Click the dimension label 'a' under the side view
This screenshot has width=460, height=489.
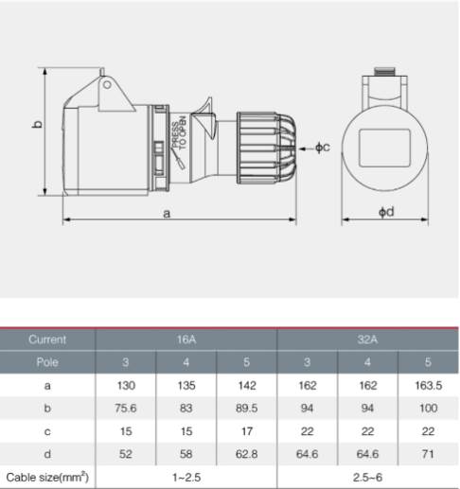point(167,214)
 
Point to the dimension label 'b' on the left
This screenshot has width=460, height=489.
point(37,124)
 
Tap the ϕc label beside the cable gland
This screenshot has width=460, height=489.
point(323,148)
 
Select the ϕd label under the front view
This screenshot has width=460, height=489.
point(386,212)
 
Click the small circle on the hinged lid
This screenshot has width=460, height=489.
point(107,85)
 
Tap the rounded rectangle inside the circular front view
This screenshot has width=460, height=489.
point(384,148)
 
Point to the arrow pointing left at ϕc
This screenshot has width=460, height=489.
point(306,148)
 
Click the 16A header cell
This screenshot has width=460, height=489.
point(186,340)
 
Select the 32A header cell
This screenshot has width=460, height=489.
point(367,340)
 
